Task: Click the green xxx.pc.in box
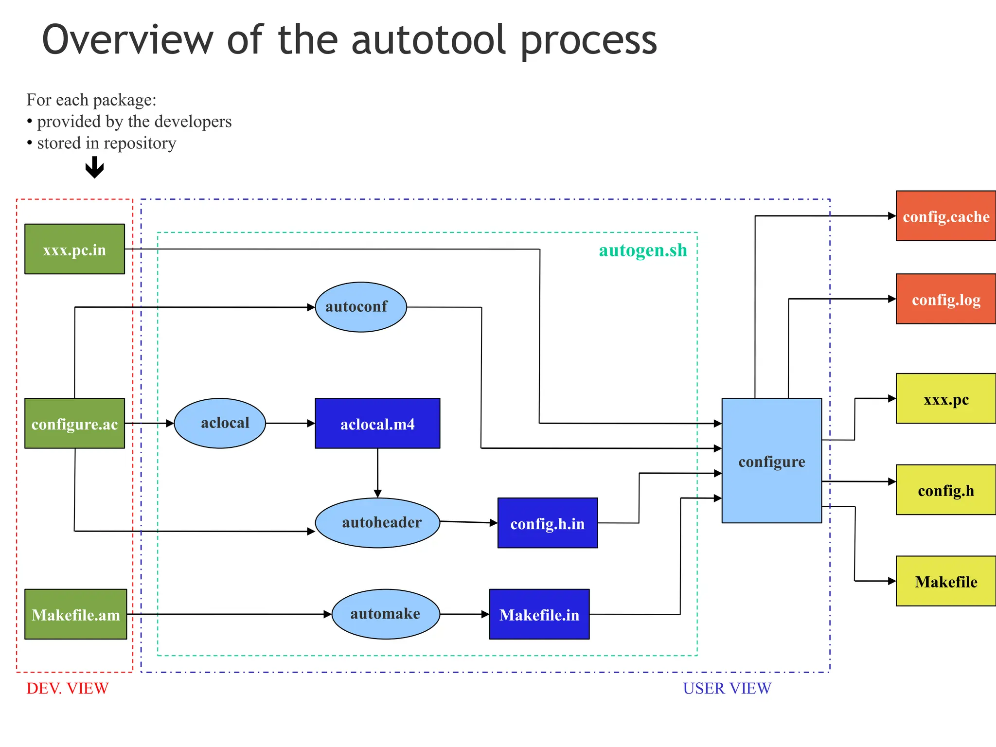click(74, 249)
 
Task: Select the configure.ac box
click(74, 424)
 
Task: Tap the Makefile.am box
click(75, 614)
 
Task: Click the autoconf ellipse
click(360, 307)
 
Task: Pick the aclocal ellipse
click(220, 423)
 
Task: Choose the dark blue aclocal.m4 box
click(377, 424)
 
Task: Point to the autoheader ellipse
click(377, 523)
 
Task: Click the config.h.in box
click(548, 523)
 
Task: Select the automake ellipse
click(386, 614)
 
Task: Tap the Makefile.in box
click(539, 614)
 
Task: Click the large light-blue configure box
click(772, 461)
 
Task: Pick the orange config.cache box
click(946, 216)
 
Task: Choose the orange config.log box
click(946, 299)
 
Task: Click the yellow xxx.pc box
click(946, 399)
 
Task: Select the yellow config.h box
click(946, 490)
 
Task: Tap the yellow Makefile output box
click(946, 581)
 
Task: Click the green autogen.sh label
click(643, 250)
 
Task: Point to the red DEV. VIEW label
click(68, 688)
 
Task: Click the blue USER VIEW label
click(727, 688)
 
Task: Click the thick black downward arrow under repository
click(94, 168)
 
